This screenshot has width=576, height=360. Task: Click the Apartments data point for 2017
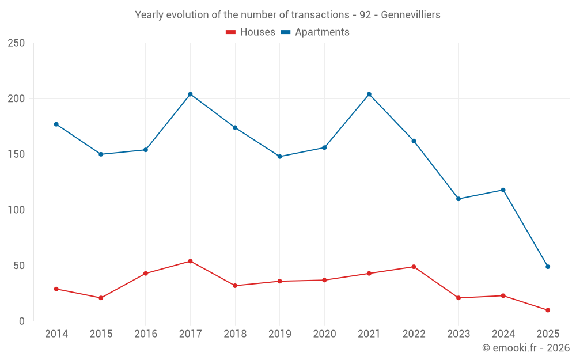(190, 94)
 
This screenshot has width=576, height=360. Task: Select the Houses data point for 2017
(190, 261)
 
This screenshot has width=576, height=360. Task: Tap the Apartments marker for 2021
(369, 94)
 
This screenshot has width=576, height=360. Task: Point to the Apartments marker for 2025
(548, 267)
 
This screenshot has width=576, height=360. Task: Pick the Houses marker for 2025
(548, 310)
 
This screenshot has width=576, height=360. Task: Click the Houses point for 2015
(101, 298)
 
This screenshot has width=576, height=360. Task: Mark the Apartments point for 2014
(56, 124)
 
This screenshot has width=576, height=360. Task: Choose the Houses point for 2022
(414, 267)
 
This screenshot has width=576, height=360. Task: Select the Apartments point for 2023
(458, 199)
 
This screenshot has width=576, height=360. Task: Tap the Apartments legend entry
(315, 32)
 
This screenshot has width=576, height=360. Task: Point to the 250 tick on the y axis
(17, 43)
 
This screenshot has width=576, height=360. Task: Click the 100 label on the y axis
(17, 210)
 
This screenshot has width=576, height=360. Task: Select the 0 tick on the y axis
(21, 321)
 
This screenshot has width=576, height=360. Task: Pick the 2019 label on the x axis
(280, 334)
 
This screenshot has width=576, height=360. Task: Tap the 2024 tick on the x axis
(503, 334)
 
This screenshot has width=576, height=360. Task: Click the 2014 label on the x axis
(56, 334)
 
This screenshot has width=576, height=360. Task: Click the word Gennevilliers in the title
(410, 15)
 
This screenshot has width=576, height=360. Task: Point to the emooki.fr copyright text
(526, 348)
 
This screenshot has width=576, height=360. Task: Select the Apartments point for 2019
(280, 156)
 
